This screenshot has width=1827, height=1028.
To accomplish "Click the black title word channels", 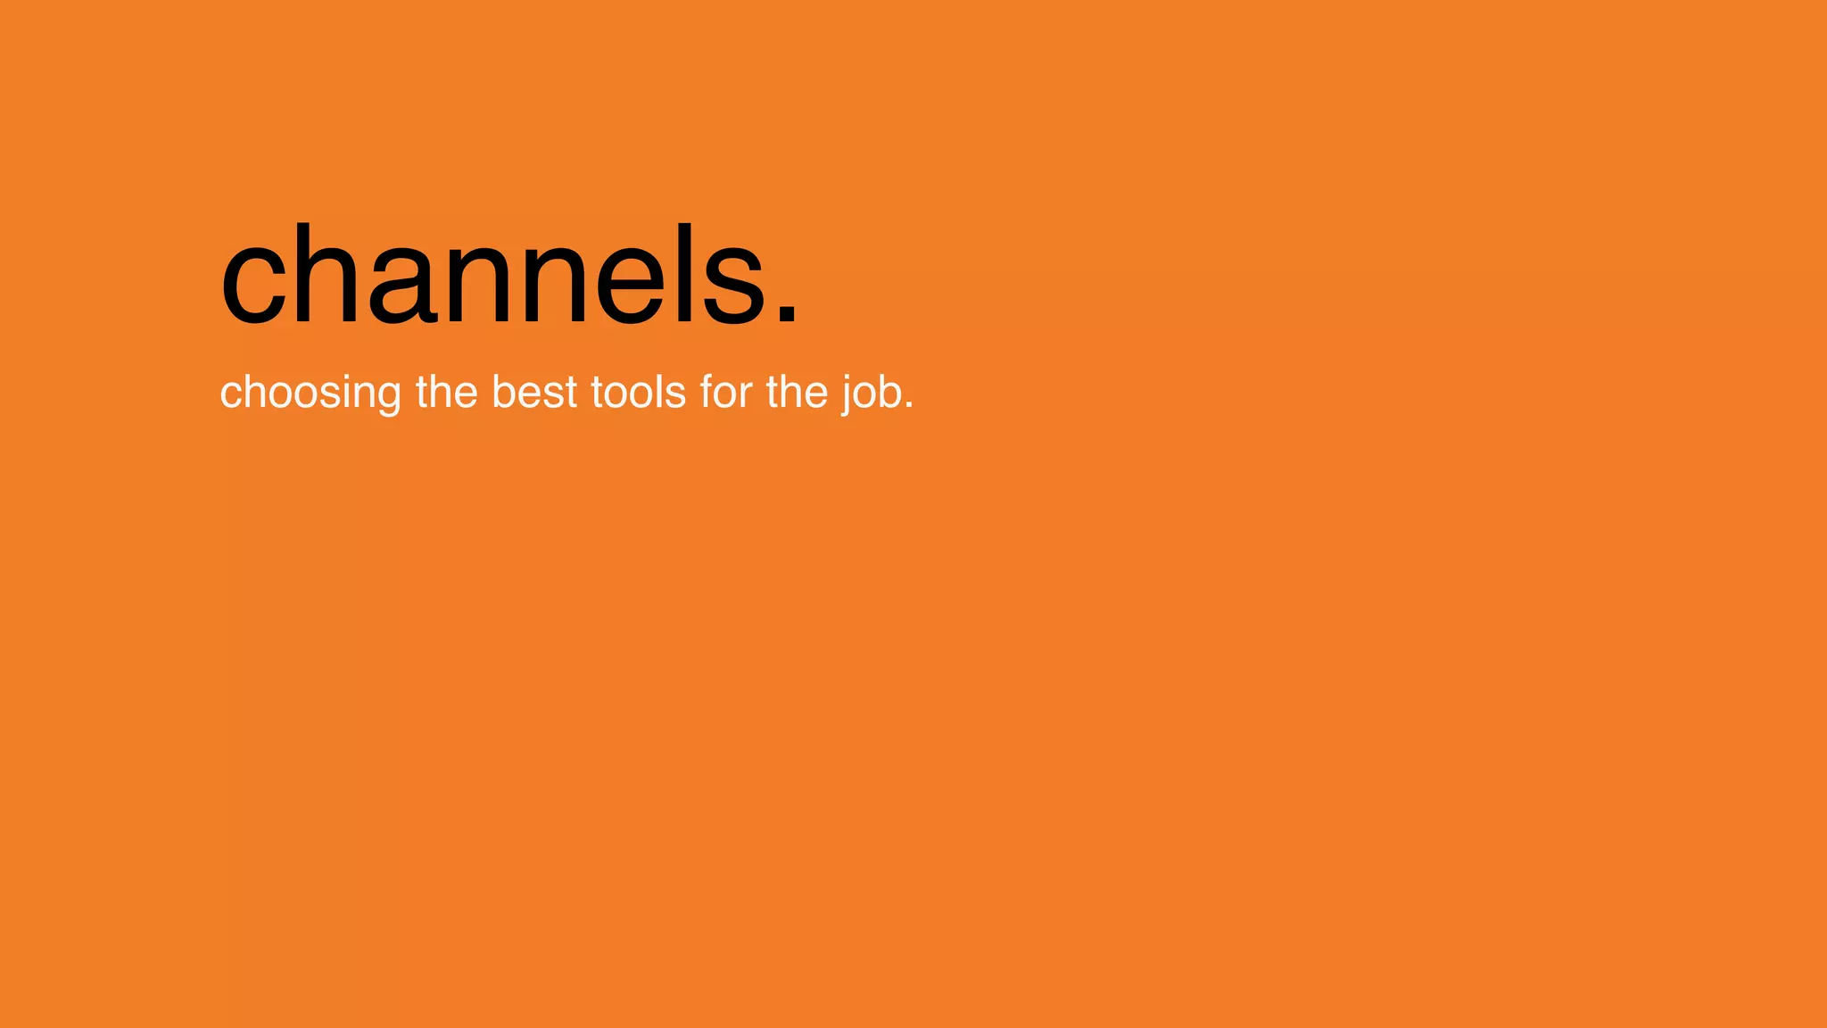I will tap(508, 277).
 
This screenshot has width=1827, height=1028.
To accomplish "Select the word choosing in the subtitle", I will tap(310, 393).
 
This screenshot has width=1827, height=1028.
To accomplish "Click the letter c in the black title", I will tap(252, 286).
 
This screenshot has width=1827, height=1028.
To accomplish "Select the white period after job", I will tap(909, 407).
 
